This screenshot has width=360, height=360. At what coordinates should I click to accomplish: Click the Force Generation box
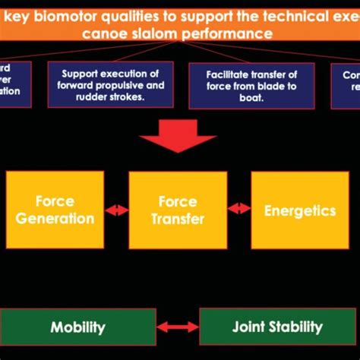tap(55, 210)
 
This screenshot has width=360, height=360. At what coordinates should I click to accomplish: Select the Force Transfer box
tap(178, 210)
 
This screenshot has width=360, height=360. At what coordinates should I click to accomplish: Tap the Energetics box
tap(300, 210)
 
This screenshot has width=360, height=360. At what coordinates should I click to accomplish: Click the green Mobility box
tap(77, 327)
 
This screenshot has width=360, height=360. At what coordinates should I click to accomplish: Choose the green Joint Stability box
tap(276, 327)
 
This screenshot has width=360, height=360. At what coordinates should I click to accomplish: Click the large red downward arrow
tap(178, 134)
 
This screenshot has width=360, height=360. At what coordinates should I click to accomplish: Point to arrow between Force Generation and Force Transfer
tap(116, 210)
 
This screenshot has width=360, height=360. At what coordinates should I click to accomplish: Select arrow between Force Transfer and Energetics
tap(239, 207)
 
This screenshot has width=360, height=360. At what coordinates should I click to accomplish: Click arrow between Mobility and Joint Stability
tap(178, 327)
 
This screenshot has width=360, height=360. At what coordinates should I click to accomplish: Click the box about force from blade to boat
tap(251, 84)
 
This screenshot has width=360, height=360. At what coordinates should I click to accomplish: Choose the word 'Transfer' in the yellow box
tap(178, 219)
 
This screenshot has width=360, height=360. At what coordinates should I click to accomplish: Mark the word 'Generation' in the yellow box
tap(55, 219)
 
